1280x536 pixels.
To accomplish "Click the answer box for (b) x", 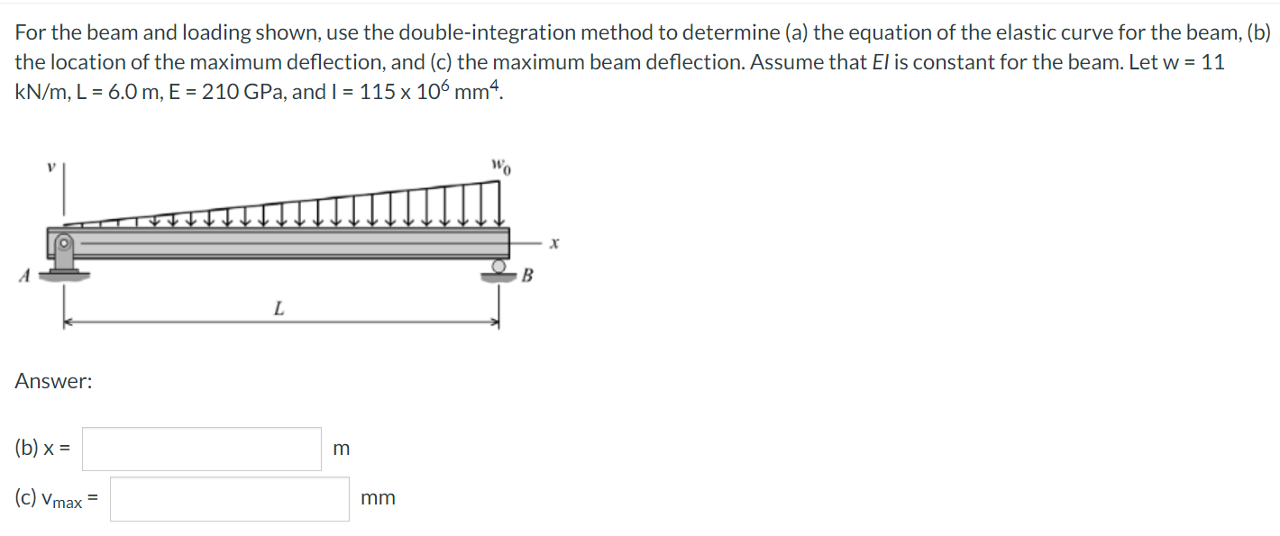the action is pos(202,450).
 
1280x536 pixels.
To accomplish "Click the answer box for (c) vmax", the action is pos(230,499).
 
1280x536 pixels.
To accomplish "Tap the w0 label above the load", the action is pos(501,167).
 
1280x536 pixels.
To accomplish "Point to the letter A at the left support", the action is pos(24,276).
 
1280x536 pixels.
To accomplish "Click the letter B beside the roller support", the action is pos(527,276).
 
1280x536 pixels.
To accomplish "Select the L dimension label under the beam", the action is pos(279,309).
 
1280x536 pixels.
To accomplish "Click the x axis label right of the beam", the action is pos(553,244).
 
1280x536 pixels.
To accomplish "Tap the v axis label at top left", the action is pos(51,168).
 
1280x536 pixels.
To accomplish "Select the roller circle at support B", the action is pos(498,266).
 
